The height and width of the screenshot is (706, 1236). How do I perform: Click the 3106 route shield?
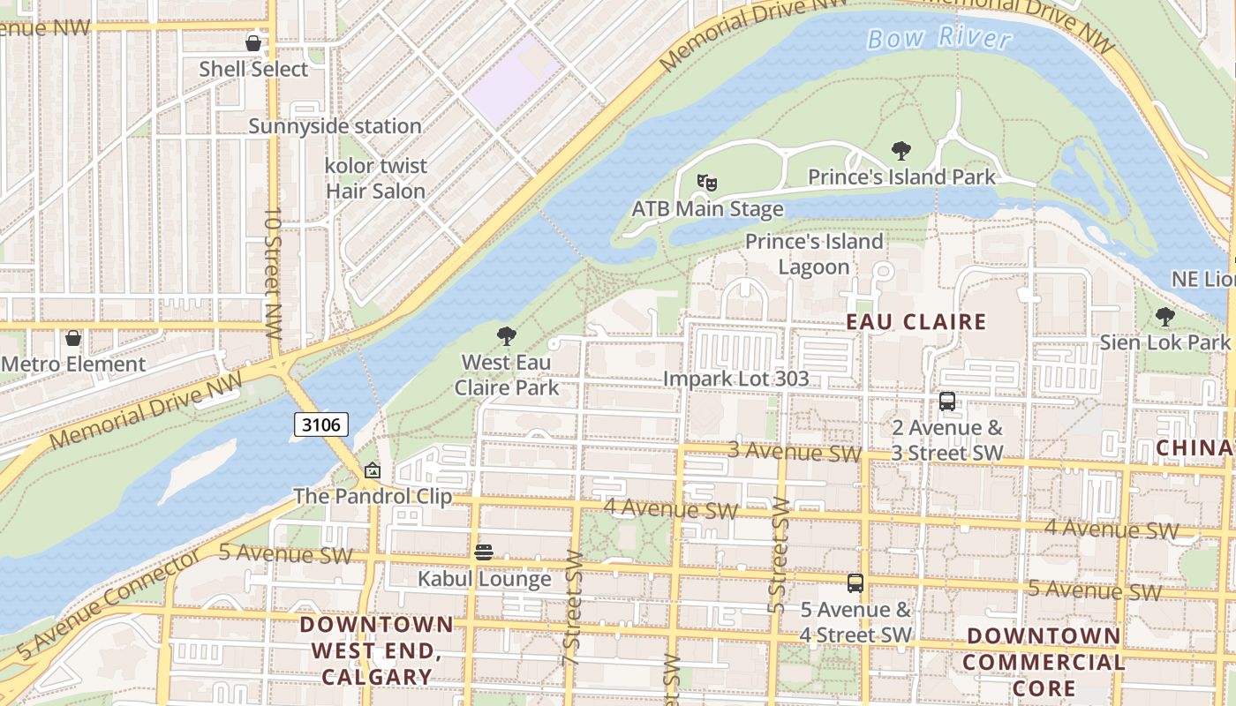(320, 424)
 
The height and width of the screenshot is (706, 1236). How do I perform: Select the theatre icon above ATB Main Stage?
(706, 183)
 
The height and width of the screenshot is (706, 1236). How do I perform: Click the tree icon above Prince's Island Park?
(901, 151)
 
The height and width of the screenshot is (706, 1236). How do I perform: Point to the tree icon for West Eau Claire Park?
(507, 335)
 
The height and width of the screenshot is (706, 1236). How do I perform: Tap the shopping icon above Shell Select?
(253, 42)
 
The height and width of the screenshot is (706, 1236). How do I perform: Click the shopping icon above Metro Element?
(73, 338)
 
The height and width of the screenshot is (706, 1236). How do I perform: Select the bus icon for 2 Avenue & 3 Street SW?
(947, 402)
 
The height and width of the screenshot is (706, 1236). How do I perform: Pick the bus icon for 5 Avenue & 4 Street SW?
(855, 583)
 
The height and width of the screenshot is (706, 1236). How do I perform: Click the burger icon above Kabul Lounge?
(484, 552)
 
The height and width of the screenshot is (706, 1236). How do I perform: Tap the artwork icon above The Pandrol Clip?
(373, 470)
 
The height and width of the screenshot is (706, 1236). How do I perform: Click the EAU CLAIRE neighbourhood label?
(916, 322)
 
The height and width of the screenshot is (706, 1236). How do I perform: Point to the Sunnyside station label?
(335, 126)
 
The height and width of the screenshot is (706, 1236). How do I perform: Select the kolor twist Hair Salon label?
(376, 178)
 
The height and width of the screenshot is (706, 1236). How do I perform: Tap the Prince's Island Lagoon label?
(813, 254)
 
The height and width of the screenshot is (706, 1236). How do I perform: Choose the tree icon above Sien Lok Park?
(1165, 316)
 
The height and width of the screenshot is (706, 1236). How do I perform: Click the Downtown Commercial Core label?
(1044, 662)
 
